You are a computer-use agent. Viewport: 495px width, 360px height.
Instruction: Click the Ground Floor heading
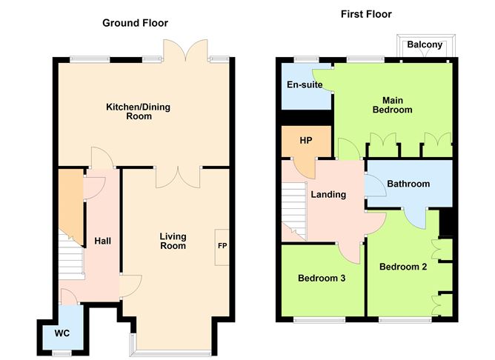click(x=135, y=23)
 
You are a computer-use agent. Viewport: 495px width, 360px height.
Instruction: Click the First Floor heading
click(x=366, y=14)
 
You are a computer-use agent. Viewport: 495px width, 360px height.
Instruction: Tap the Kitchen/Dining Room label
click(x=138, y=112)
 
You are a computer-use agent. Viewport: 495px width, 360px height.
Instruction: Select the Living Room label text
click(x=173, y=241)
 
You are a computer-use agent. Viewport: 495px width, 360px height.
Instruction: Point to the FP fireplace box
click(x=222, y=245)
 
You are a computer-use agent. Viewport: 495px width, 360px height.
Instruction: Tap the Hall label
click(x=102, y=241)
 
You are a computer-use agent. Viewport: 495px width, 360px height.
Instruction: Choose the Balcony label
click(x=425, y=45)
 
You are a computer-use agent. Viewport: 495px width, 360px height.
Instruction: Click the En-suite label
click(x=305, y=84)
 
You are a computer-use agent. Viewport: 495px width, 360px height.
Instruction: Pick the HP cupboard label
click(x=305, y=141)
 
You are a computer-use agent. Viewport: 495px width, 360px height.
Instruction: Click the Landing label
click(x=328, y=195)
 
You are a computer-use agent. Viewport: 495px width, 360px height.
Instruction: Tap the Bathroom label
click(x=408, y=184)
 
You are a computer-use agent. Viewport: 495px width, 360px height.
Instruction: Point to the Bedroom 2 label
click(x=402, y=267)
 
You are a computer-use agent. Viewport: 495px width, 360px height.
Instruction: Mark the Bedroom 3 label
click(x=321, y=279)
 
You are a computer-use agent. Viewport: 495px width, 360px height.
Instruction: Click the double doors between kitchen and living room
click(x=179, y=176)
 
